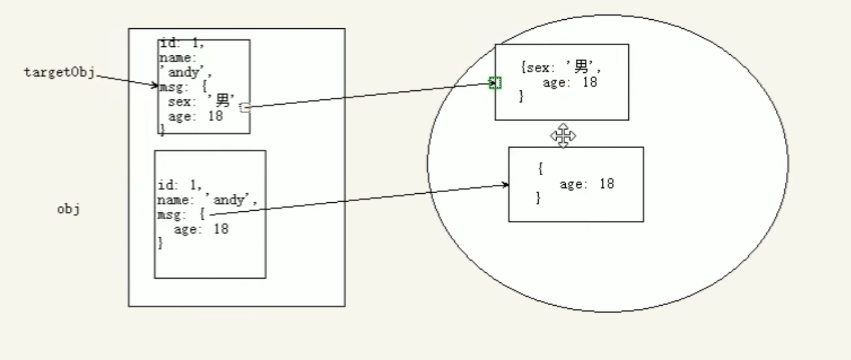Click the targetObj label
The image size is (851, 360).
[59, 73]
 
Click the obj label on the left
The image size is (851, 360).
[68, 210]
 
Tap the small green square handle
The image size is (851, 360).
[495, 83]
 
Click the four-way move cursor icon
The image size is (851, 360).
[563, 136]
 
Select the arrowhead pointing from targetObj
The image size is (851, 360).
[155, 86]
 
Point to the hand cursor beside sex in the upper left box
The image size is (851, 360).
[244, 107]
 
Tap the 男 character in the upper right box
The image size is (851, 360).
[581, 68]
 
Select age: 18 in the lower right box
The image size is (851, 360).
[586, 184]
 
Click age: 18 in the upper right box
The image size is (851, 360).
[569, 82]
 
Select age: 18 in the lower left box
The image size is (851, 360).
[201, 229]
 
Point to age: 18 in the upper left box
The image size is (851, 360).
[195, 116]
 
